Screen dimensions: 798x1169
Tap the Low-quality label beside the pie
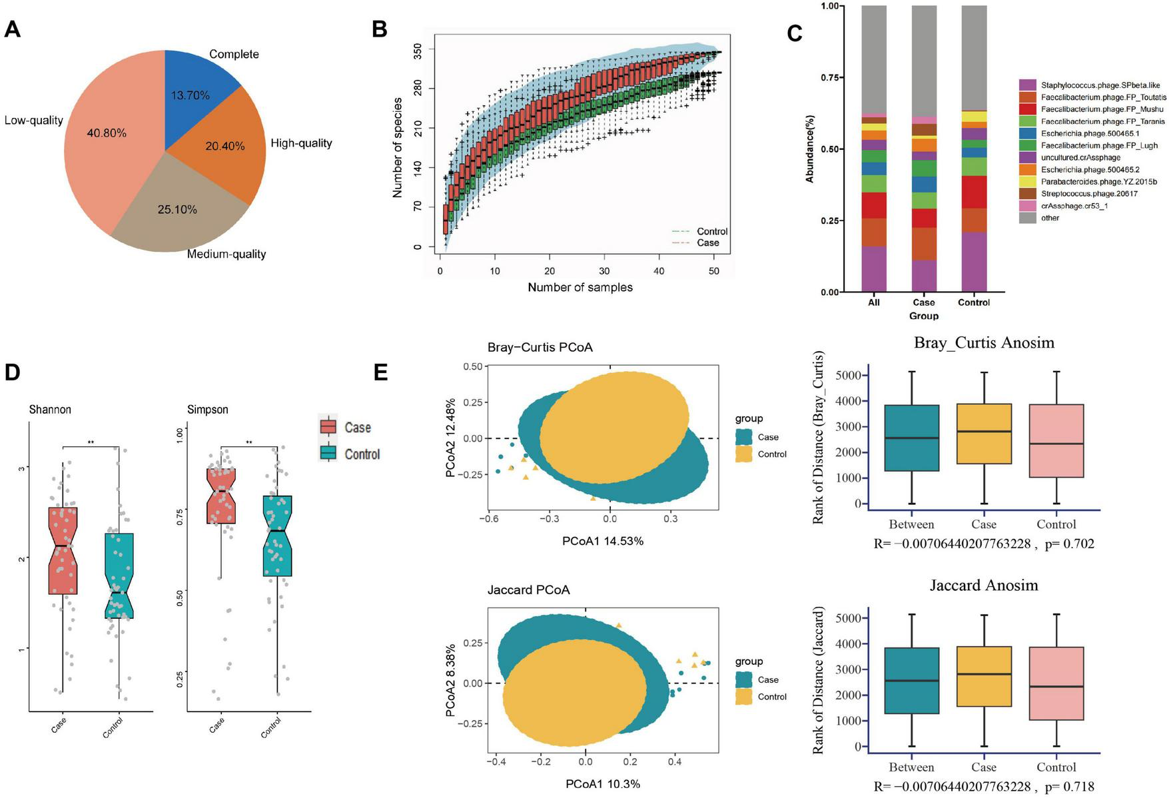pos(33,121)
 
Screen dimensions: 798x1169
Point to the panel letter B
pos(379,29)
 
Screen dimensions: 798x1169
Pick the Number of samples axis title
pos(580,287)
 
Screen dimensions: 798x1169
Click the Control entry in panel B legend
pos(711,231)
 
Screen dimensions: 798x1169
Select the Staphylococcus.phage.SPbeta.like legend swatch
pos(1027,85)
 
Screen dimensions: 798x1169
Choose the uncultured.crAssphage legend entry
pos(1080,158)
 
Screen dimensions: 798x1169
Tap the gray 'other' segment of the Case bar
pos(924,60)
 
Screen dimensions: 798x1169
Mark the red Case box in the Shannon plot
pos(63,550)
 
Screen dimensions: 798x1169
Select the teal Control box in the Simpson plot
pos(277,536)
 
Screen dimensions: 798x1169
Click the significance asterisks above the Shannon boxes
pos(91,442)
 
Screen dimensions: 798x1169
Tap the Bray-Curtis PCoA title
pos(540,347)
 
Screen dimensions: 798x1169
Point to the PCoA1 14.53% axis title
pos(602,541)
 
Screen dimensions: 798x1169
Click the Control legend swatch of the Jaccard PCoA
pos(744,697)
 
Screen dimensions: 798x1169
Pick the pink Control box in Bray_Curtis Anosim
pos(1056,440)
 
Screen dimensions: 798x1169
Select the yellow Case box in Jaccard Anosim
pos(984,676)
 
